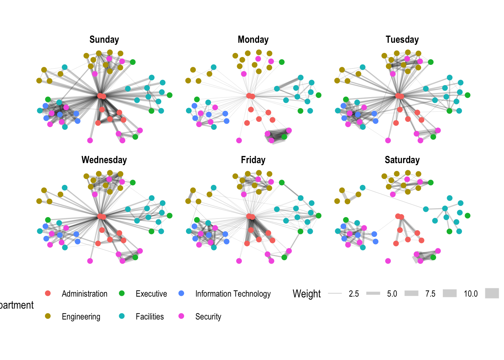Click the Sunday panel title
[104, 40]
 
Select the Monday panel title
[253, 40]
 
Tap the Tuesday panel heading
[402, 40]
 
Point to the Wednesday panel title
[104, 160]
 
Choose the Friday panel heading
[253, 160]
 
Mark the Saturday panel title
[402, 160]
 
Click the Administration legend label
[84, 294]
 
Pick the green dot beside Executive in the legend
[121, 293]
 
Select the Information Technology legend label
[233, 294]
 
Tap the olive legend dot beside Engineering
[48, 316]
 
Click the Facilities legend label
[150, 316]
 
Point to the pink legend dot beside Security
[181, 316]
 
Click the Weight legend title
[306, 294]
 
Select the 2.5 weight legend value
[354, 294]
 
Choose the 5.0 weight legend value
[392, 294]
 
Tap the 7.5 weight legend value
[430, 294]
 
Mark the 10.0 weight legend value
[471, 294]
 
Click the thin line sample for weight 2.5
[335, 293]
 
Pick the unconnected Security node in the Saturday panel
[388, 261]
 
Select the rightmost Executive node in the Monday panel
[318, 95]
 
